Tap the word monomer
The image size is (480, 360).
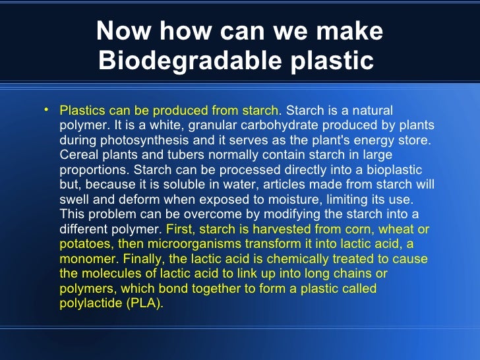point(84,259)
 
